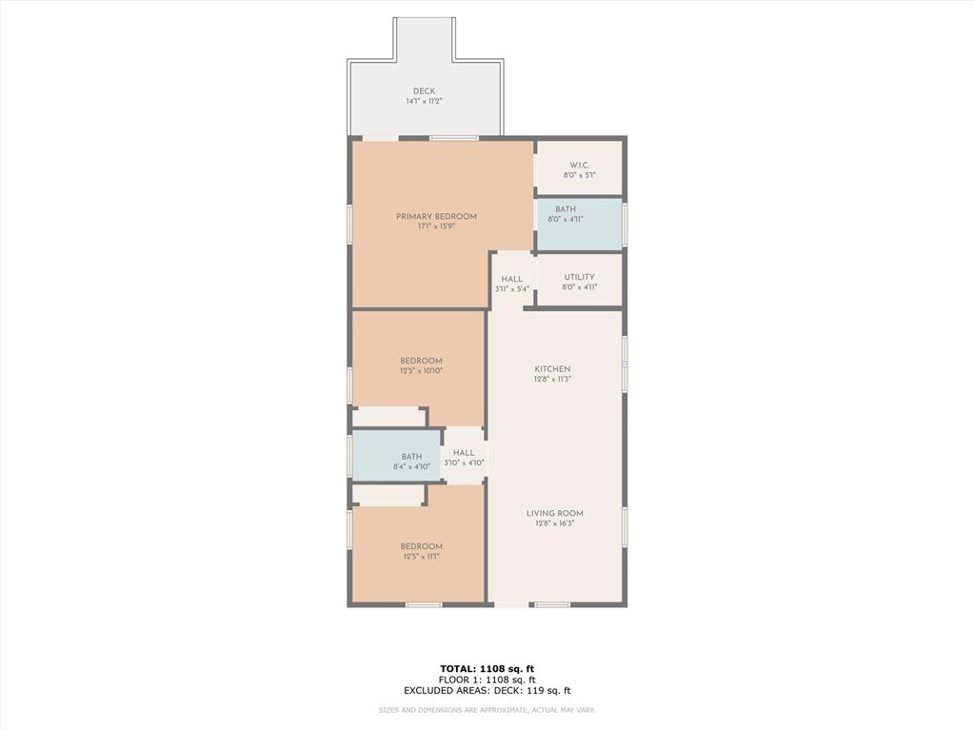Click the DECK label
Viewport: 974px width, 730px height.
coord(425,91)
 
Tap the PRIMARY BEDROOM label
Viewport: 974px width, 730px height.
coord(437,217)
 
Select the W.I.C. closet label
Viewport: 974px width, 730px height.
coord(580,165)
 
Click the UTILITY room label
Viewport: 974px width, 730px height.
coord(580,277)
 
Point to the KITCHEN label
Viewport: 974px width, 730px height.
coord(553,368)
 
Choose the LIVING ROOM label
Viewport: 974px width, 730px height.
coord(555,513)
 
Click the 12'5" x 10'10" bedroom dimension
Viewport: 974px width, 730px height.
coord(421,370)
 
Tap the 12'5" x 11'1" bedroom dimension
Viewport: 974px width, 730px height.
coord(421,556)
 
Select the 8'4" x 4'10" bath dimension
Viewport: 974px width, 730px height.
coord(411,466)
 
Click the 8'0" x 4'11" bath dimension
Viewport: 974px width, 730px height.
coord(566,219)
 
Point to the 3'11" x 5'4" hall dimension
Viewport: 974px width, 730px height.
coord(512,288)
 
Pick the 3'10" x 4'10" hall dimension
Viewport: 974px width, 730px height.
coord(464,463)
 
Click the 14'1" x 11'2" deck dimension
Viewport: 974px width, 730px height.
coord(425,101)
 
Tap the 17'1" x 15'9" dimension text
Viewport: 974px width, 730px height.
coord(437,227)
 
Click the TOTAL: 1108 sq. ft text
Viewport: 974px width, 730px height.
coord(487,668)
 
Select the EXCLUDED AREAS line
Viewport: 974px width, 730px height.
coord(487,690)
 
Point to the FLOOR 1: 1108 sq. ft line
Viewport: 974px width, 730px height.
coord(487,680)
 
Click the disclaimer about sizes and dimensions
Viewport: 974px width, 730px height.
coord(487,710)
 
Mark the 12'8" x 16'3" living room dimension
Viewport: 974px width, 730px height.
coord(555,523)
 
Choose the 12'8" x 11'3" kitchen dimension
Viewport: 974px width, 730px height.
coord(553,379)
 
